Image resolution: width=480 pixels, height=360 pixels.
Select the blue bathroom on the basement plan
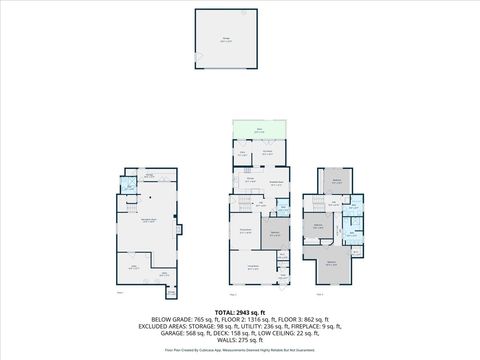pyautogui.click(x=127, y=186)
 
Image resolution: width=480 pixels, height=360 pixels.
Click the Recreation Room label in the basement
pyautogui.click(x=147, y=221)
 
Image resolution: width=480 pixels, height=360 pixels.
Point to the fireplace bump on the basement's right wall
pyautogui.click(x=180, y=231)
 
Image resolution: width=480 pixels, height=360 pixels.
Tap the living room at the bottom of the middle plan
pyautogui.click(x=253, y=267)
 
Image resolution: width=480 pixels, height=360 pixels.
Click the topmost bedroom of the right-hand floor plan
pyautogui.click(x=337, y=181)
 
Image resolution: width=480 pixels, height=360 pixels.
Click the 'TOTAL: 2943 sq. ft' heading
pyautogui.click(x=239, y=311)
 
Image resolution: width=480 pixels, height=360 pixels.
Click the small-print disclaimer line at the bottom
pyautogui.click(x=239, y=351)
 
